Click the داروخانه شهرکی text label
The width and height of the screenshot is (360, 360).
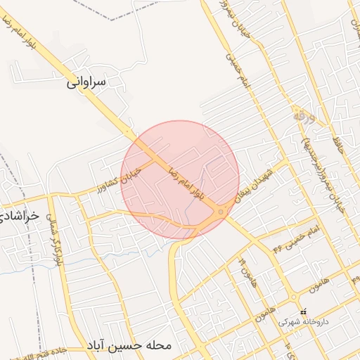coord(302,322)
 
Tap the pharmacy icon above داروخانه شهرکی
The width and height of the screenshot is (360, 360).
coord(303,311)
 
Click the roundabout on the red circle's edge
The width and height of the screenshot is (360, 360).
coord(221,212)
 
